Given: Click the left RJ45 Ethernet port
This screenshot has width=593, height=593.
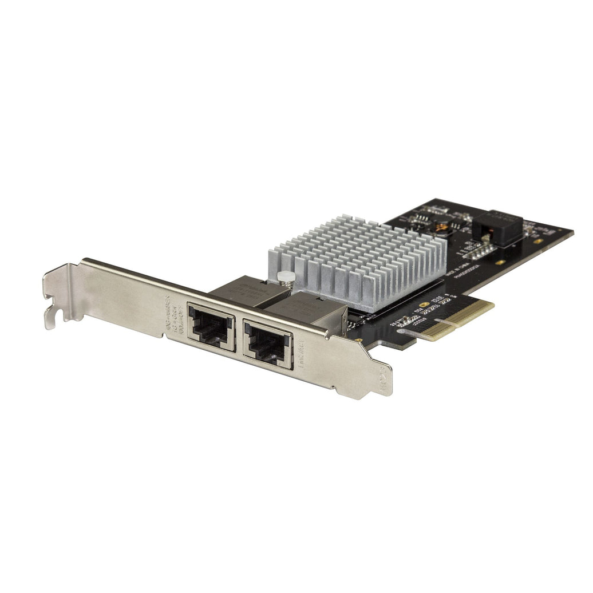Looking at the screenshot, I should pos(211,327).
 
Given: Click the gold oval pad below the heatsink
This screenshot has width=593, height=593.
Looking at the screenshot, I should pos(423,305).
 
